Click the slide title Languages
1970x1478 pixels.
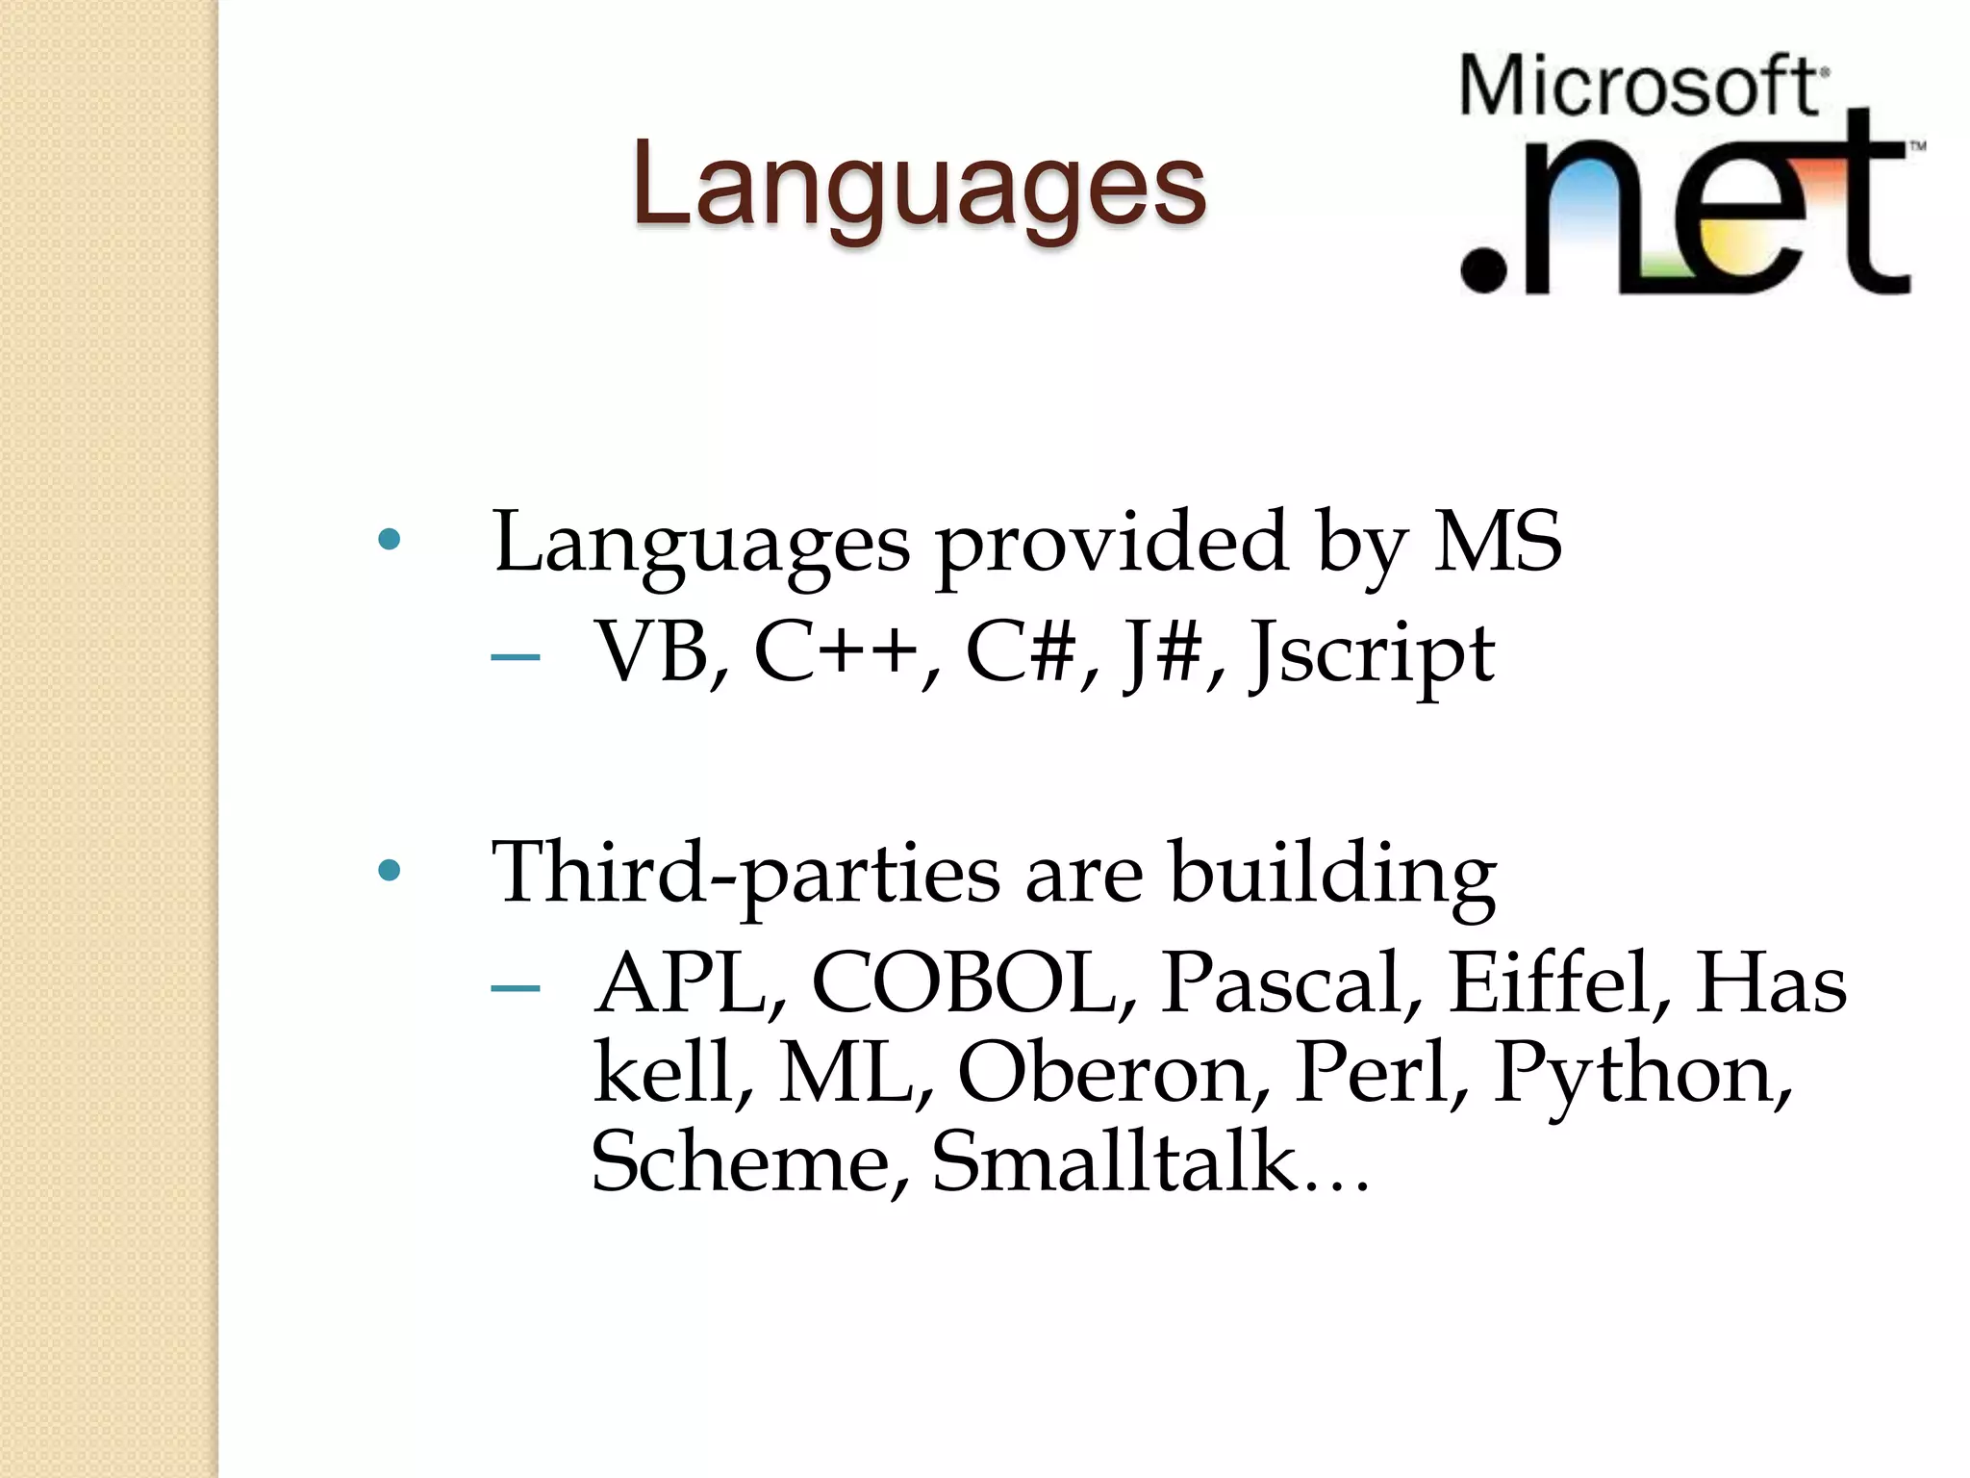919,185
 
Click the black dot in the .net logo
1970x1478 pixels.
1483,268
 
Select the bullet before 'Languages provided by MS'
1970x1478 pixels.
390,540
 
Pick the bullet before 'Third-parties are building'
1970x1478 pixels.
390,872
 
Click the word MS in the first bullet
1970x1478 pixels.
1497,542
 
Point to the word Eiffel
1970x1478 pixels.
1552,982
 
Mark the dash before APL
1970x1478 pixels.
515,988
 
